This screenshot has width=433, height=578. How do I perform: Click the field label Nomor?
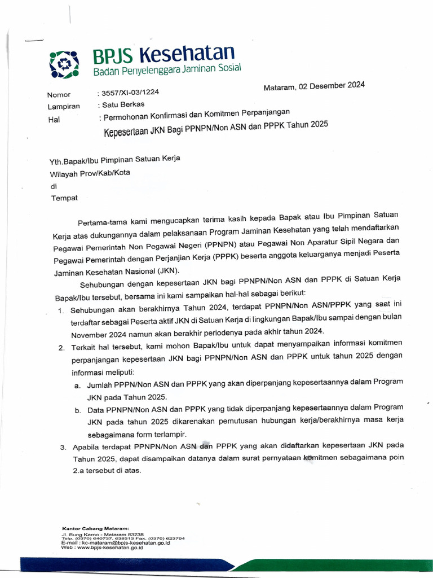[x=59, y=95]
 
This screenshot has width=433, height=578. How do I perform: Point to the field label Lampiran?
[x=64, y=106]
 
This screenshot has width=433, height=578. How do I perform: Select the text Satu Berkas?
[x=123, y=104]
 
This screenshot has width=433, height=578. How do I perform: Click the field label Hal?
[x=54, y=120]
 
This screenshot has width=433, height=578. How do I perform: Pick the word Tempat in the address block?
[x=65, y=198]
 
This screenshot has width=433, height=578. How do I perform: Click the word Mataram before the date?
[x=280, y=87]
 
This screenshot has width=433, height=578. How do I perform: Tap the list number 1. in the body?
[x=61, y=312]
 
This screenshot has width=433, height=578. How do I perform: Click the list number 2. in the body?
[x=61, y=347]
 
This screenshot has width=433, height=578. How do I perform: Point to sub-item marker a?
[x=77, y=385]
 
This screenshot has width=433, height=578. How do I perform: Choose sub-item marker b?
[x=77, y=410]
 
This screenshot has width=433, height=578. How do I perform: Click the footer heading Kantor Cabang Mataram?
[x=95, y=528]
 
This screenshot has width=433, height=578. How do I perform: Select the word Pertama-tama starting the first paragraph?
[x=99, y=220]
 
